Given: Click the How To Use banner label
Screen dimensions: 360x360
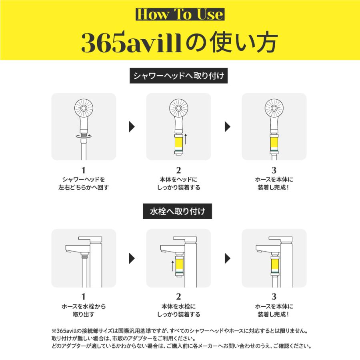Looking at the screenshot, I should point(180,14).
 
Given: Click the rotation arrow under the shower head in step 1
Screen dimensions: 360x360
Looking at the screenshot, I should point(83,136).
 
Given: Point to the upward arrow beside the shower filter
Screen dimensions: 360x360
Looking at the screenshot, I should point(186,138).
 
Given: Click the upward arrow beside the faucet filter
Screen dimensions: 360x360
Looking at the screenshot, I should point(172,266).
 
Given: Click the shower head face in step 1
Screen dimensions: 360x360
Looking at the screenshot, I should point(83,108).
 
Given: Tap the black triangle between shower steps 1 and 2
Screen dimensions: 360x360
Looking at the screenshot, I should point(132,127).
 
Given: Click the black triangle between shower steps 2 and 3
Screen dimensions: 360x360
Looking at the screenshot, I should point(228,127).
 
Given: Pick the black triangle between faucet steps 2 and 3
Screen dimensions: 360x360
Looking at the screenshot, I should point(228,258).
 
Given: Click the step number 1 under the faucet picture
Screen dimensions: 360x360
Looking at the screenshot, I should point(84,297).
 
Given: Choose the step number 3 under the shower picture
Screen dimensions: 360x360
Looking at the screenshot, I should point(274,170).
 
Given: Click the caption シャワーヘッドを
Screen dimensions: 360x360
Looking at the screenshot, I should point(84,179).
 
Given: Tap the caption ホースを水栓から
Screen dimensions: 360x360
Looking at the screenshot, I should point(84,306).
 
